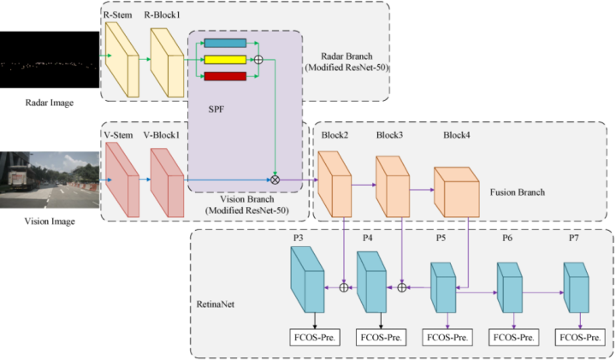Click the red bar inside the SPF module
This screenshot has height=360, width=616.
[x=225, y=76]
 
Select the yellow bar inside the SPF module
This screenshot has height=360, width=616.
[x=225, y=60]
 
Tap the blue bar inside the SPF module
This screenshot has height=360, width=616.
[x=225, y=44]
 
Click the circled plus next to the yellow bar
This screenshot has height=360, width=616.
[x=258, y=60]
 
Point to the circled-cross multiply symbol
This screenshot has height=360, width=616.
[x=275, y=180]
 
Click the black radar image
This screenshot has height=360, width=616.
[x=50, y=60]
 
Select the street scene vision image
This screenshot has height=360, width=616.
[x=50, y=180]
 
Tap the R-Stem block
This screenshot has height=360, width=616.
[x=121, y=60]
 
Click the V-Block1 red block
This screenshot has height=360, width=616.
[x=168, y=182]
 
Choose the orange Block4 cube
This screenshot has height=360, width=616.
[x=457, y=192]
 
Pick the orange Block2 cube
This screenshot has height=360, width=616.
[x=335, y=185]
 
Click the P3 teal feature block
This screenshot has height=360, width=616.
[x=308, y=280]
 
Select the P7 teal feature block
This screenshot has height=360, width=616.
[x=576, y=288]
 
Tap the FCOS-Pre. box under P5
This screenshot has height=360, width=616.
[x=447, y=338]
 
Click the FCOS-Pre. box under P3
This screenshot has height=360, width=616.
[x=315, y=338]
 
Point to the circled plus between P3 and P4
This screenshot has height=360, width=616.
[x=344, y=288]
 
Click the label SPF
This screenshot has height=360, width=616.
[x=216, y=109]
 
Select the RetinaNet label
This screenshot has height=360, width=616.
[x=216, y=304]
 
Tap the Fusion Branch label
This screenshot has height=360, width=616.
[x=518, y=192]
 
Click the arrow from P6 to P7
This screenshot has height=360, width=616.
[x=543, y=292]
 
